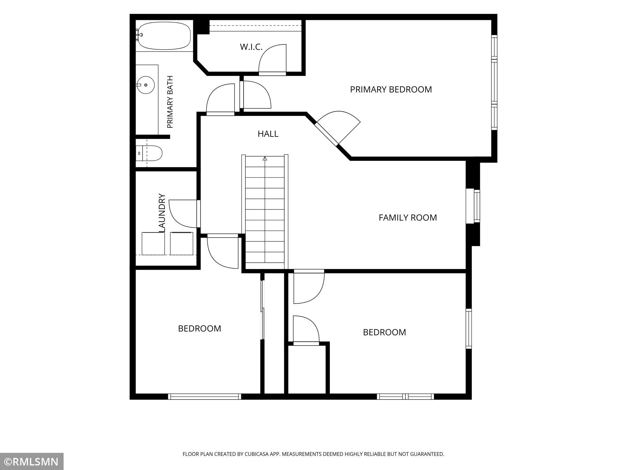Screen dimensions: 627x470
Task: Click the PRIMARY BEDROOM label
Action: coord(391,89)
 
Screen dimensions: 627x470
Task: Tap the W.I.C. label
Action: coord(251,47)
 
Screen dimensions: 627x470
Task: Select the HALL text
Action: coord(268,134)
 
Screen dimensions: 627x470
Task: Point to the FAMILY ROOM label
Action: coord(408,218)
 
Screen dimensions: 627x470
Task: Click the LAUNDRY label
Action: coord(162,213)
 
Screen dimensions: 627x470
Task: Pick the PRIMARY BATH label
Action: coord(170,102)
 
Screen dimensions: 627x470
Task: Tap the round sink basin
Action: coord(146,85)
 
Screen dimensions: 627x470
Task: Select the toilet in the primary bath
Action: coord(149,153)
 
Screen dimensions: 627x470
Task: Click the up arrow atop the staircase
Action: coord(265,159)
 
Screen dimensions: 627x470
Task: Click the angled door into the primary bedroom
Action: coord(338,128)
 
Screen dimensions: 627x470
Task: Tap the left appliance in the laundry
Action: coord(153,243)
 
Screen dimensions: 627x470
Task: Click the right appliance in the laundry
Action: coord(181,243)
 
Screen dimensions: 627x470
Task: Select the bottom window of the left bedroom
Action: coord(204,396)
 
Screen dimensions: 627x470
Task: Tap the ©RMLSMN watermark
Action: coord(32,462)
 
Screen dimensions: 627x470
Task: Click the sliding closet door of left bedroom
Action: coord(263,310)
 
